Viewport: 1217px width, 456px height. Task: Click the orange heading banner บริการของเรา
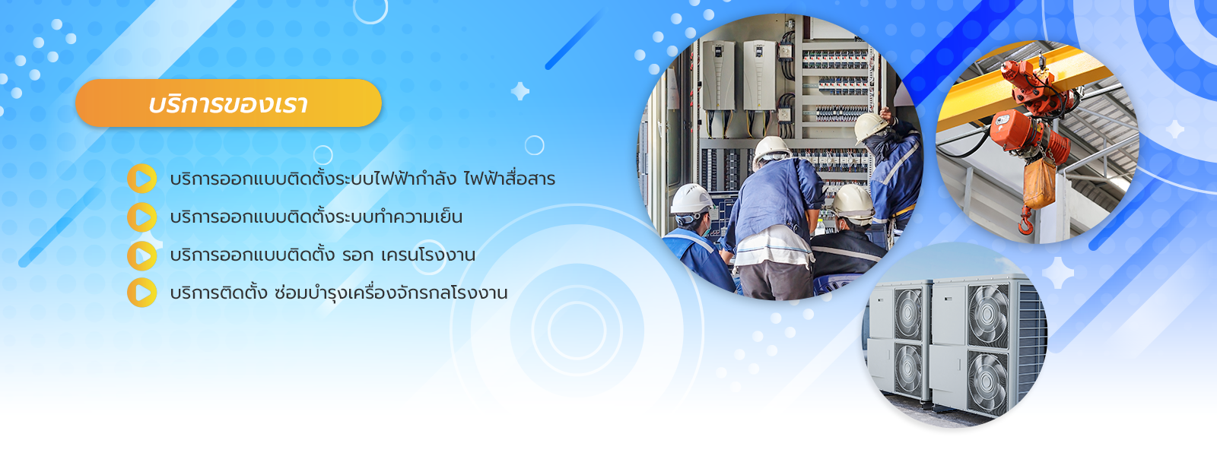pyautogui.click(x=229, y=103)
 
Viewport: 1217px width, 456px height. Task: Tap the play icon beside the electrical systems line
pyautogui.click(x=141, y=179)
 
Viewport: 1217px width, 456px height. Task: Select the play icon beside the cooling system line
pyautogui.click(x=141, y=217)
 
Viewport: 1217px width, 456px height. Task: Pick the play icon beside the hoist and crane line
pyautogui.click(x=141, y=255)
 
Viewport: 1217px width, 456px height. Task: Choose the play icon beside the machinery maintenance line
pyautogui.click(x=141, y=293)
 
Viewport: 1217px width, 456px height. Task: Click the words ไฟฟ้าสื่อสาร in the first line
pyautogui.click(x=510, y=179)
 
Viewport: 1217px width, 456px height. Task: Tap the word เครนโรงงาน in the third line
pyautogui.click(x=428, y=255)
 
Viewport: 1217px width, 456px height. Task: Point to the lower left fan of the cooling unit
pyautogui.click(x=908, y=370)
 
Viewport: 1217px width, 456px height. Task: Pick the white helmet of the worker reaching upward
pyautogui.click(x=870, y=126)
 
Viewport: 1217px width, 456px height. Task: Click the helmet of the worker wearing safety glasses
pyautogui.click(x=691, y=198)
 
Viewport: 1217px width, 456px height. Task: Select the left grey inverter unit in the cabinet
pyautogui.click(x=718, y=75)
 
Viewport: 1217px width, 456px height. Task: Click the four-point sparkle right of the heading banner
pyautogui.click(x=520, y=91)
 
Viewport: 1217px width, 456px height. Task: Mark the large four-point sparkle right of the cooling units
pyautogui.click(x=1058, y=273)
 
